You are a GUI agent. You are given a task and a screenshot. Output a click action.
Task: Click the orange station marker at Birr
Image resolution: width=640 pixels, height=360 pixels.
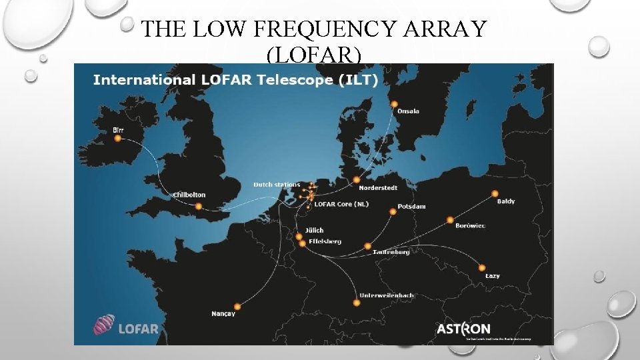click(x=118, y=139)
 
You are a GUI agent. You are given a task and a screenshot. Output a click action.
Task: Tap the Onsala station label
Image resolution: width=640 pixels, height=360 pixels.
click(x=408, y=111)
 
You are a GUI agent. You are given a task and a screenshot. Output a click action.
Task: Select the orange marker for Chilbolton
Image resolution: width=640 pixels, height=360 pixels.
click(x=198, y=207)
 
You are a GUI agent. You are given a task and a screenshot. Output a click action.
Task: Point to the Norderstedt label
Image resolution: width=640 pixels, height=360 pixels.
click(x=378, y=188)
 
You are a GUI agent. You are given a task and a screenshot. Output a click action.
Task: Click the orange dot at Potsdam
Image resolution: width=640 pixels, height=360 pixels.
click(x=393, y=212)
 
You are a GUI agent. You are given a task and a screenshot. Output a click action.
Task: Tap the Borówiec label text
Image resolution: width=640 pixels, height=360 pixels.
click(x=471, y=226)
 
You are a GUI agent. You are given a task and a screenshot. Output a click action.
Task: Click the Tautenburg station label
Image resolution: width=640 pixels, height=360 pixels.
click(x=391, y=253)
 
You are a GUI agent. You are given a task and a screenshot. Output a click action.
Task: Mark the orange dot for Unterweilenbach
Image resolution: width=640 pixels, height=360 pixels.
click(x=357, y=303)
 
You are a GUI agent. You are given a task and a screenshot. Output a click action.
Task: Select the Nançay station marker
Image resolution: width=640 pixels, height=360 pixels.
click(x=237, y=307)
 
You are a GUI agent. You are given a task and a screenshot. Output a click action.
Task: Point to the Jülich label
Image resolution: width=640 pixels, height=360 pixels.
click(x=315, y=231)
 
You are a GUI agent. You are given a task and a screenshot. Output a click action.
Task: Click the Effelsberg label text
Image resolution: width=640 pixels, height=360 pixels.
click(x=325, y=241)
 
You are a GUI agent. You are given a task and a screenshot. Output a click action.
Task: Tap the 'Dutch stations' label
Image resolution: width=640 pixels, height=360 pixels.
click(x=277, y=185)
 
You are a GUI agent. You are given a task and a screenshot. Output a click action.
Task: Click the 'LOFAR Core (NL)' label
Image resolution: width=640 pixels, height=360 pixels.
click(x=341, y=204)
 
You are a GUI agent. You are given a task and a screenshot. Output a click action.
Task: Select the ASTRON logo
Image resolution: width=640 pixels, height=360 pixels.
click(x=463, y=329)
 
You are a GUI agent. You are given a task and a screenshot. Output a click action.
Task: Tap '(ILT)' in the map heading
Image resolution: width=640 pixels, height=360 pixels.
click(x=360, y=80)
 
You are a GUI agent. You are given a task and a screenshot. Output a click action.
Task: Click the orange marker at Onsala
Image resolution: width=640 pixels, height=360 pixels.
click(x=394, y=104)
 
